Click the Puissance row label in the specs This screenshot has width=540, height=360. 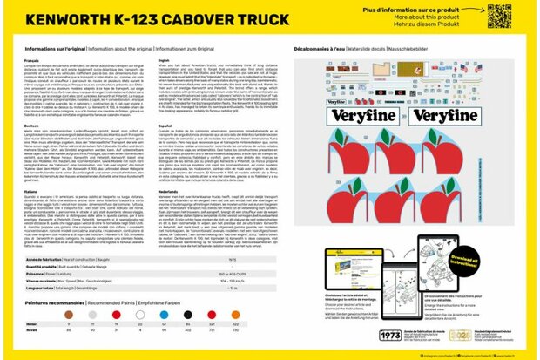coord(42,273)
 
